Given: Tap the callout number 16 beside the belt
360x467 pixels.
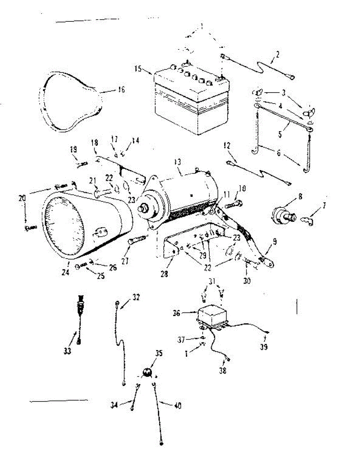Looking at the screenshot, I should (121, 90).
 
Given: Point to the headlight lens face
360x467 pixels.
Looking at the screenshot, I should (64, 222).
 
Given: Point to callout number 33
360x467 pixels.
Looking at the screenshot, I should (67, 351).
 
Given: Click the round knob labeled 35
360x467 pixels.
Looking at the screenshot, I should (147, 373).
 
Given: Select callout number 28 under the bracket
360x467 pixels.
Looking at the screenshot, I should (164, 274).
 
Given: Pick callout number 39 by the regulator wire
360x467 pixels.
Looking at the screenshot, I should (264, 347).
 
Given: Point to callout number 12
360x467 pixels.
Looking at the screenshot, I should (227, 146).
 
